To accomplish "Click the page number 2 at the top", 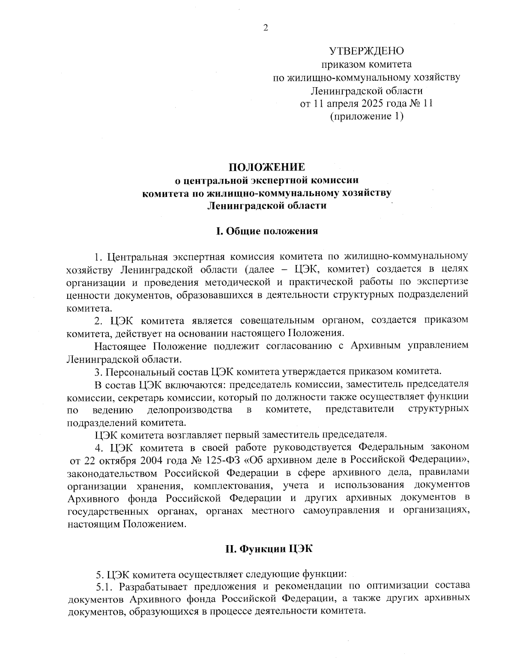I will tap(266, 28).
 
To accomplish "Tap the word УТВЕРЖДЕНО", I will tap(366, 51).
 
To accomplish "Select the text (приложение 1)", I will tap(367, 116).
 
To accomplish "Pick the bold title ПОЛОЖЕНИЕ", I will tap(266, 167).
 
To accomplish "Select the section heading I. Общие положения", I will tap(266, 231).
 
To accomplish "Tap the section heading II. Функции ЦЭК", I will tap(269, 549).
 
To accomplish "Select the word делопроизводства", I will tap(190, 409).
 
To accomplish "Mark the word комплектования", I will tap(233, 486).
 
